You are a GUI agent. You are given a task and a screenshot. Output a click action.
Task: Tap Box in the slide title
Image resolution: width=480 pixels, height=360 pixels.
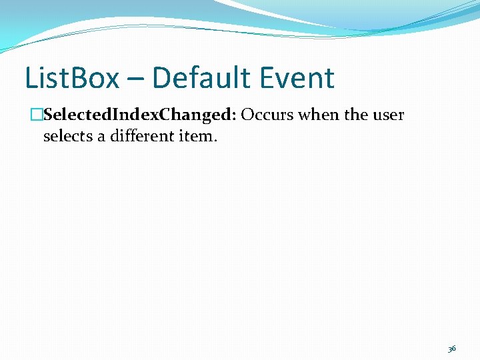[97, 78]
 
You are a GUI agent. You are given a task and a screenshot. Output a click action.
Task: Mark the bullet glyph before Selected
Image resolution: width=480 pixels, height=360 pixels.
[37, 115]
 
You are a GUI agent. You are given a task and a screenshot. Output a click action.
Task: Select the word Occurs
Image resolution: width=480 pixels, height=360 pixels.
[267, 115]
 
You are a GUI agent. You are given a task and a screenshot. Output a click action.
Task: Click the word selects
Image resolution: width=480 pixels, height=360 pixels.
[68, 137]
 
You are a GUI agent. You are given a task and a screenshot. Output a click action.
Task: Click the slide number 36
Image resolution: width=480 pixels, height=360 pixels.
[451, 348]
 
